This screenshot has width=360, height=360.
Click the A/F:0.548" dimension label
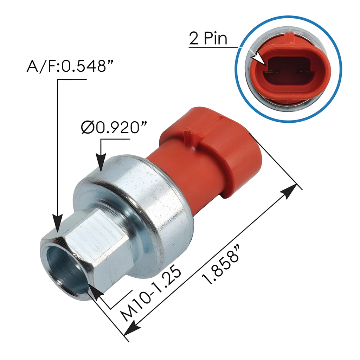coord(66,66)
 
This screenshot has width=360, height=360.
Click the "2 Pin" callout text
coord(208,38)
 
